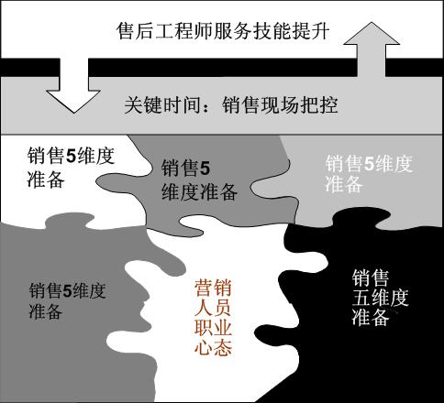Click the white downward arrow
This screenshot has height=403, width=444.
pyautogui.click(x=73, y=89)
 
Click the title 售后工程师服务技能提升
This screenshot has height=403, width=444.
pyautogui.click(x=223, y=30)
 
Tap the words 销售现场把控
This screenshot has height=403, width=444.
pyautogui.click(x=280, y=105)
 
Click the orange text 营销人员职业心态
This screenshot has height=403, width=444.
pyautogui.click(x=213, y=318)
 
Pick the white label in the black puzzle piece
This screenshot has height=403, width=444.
pyautogui.click(x=380, y=297)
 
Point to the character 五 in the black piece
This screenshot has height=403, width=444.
pyautogui.click(x=361, y=298)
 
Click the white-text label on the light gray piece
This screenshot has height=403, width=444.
pyautogui.click(x=369, y=174)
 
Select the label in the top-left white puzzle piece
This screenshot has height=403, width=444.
pyautogui.click(x=71, y=167)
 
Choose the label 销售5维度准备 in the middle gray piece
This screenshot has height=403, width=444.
pyautogui.click(x=199, y=180)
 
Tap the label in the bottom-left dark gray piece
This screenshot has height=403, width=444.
pyautogui.click(x=68, y=300)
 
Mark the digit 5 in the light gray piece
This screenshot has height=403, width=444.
pyautogui.click(x=370, y=164)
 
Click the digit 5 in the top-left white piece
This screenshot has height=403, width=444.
pyautogui.click(x=72, y=156)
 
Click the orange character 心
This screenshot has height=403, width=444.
pyautogui.click(x=204, y=347)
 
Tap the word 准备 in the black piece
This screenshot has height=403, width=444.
pyautogui.click(x=371, y=317)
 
